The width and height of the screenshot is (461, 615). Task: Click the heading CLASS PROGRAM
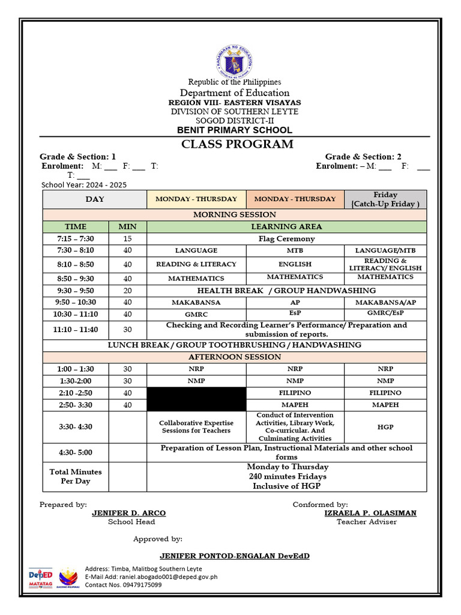click(x=238, y=144)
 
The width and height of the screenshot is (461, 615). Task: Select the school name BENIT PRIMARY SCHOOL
click(x=234, y=130)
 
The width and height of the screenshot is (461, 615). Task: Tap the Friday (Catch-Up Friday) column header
click(x=385, y=199)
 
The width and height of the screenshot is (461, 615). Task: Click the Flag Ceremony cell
click(x=286, y=238)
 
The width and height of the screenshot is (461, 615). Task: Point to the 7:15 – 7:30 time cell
click(x=76, y=238)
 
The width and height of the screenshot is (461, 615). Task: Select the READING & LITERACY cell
click(x=196, y=264)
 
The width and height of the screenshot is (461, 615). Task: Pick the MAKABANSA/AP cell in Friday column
click(x=385, y=303)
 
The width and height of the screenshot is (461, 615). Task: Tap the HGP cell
click(x=385, y=426)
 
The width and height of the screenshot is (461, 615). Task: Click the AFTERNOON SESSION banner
click(x=235, y=357)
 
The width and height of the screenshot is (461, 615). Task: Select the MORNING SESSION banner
click(x=235, y=214)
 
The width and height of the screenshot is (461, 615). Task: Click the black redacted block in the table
click(x=196, y=399)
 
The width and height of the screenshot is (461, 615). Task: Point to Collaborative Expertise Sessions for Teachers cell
click(x=196, y=426)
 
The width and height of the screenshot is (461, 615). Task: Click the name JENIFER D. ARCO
click(x=128, y=513)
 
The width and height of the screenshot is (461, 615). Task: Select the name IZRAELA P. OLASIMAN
click(x=370, y=513)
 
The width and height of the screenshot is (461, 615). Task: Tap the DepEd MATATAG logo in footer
click(x=41, y=577)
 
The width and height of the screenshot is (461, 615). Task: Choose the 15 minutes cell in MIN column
click(x=127, y=238)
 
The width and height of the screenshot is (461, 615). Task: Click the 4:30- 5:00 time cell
click(x=76, y=452)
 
